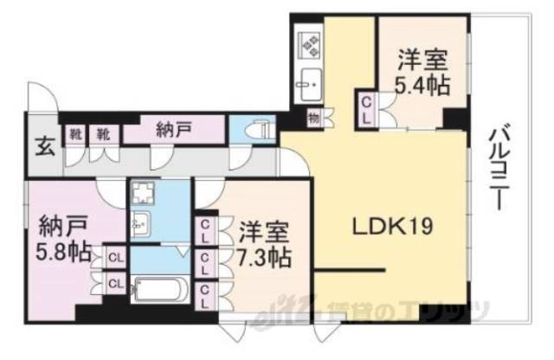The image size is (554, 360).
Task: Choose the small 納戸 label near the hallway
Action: (x=174, y=131)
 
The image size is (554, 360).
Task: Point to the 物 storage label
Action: (x=310, y=115)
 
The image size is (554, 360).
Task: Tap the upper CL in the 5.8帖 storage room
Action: (x=113, y=256)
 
